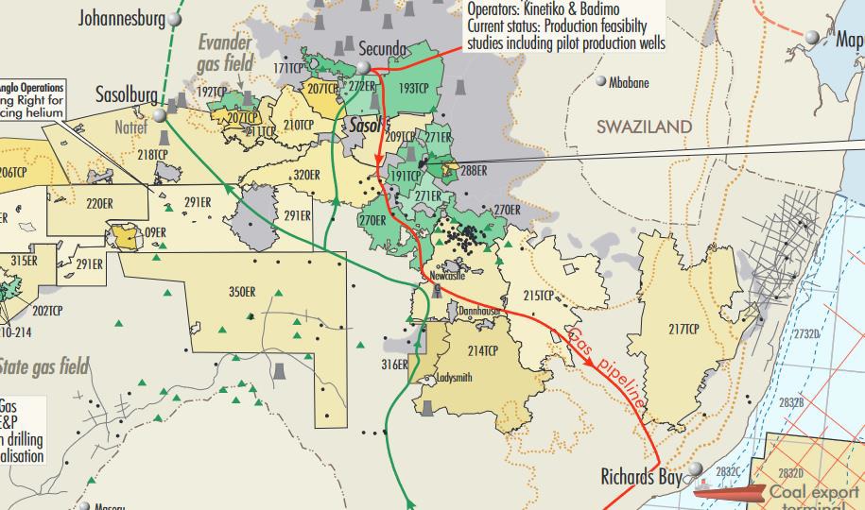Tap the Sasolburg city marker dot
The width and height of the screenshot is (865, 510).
click(162, 114)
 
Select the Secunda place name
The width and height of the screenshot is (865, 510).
click(382, 49)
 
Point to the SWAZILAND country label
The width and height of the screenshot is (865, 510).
click(644, 127)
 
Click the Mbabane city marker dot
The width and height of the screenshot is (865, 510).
click(600, 81)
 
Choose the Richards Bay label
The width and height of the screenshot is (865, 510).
click(641, 478)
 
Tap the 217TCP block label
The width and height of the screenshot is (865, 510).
click(683, 329)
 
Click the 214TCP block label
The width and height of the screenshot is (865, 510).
click(482, 350)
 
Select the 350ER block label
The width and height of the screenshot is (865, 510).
click(243, 291)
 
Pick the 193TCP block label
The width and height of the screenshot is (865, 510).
click(413, 87)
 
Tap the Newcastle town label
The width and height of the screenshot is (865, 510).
click(448, 276)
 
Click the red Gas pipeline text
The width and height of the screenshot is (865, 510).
click(608, 368)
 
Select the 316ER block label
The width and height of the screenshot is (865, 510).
click(393, 365)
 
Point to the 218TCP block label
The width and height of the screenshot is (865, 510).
click(152, 155)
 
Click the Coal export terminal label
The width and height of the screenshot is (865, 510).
click(814, 497)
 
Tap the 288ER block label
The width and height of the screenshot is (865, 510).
click(473, 171)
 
